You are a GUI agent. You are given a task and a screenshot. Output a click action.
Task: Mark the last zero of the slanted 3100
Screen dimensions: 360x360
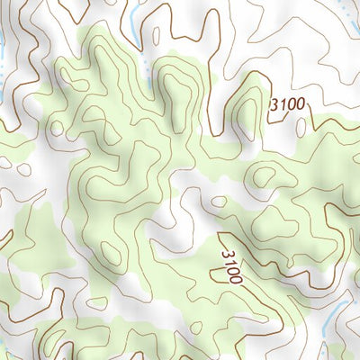237,278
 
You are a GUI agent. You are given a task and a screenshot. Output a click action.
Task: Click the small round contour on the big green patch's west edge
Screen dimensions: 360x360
58,128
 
